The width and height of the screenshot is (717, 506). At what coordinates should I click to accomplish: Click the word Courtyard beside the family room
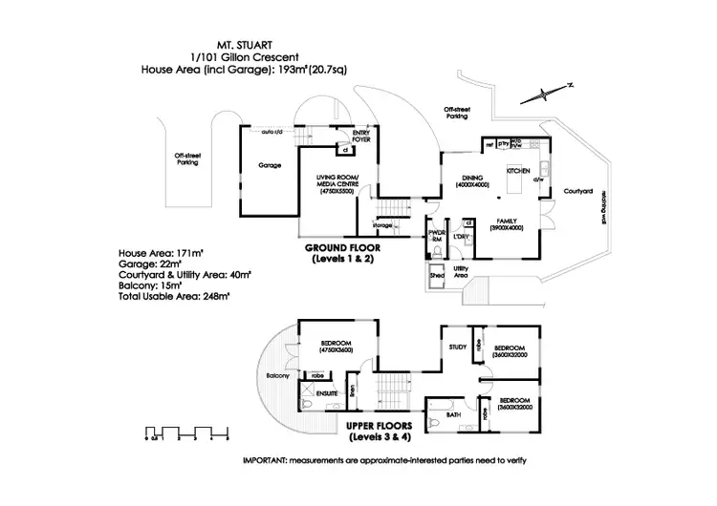(x=578, y=192)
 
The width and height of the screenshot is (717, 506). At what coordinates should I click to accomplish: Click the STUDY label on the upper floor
(x=457, y=348)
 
